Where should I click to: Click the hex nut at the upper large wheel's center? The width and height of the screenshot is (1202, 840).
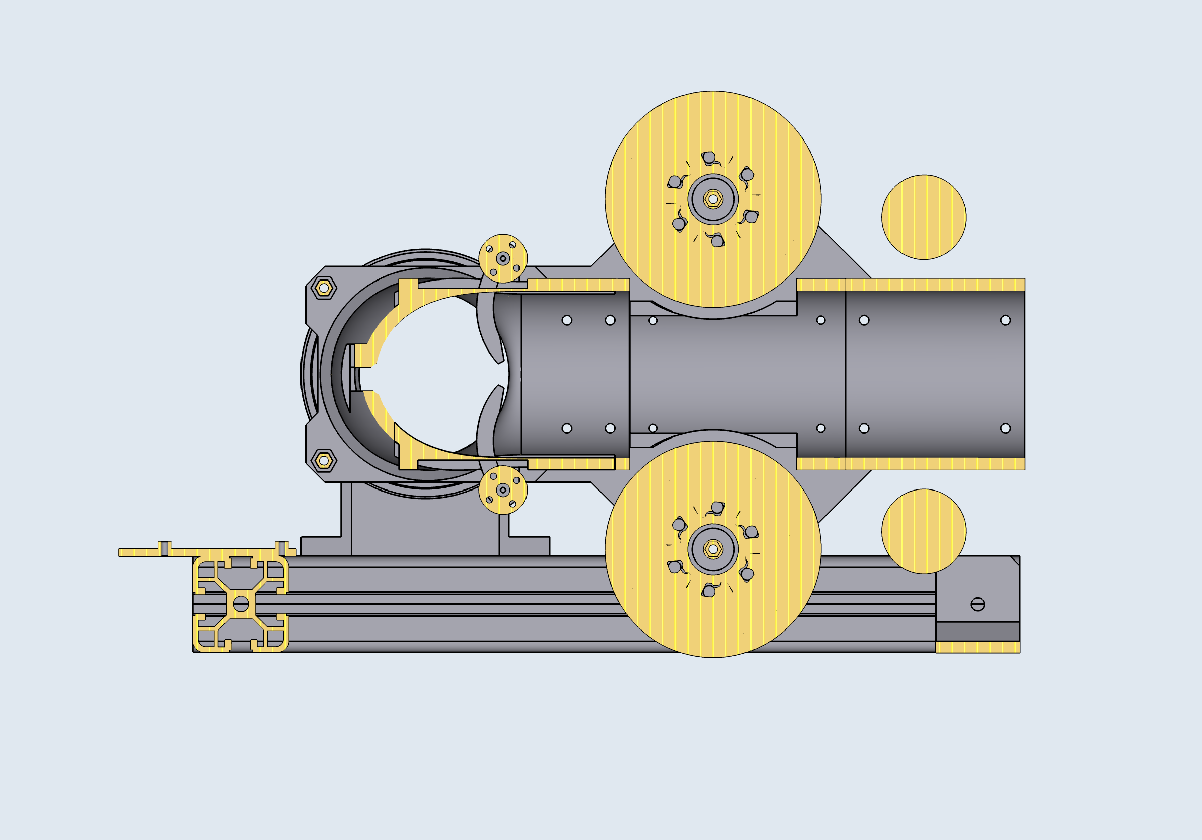(x=713, y=199)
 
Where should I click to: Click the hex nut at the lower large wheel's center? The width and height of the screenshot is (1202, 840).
(x=713, y=549)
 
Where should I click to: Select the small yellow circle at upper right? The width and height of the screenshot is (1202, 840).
(x=924, y=217)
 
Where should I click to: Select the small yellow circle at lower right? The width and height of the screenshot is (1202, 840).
(x=924, y=531)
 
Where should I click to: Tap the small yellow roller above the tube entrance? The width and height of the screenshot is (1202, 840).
(x=502, y=258)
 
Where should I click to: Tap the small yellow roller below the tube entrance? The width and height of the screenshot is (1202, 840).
(x=502, y=490)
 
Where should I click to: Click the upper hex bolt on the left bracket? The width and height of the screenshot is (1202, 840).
(x=324, y=288)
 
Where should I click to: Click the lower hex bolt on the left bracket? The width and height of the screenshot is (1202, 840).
(x=324, y=460)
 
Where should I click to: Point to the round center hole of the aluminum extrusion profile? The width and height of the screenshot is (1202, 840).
(x=241, y=604)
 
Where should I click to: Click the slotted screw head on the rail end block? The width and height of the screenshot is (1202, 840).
(x=978, y=604)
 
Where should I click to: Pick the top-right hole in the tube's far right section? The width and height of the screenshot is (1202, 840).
(x=1005, y=320)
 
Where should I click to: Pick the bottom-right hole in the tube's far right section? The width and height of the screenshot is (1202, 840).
(x=1005, y=428)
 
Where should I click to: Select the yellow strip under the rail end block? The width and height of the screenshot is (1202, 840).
(x=978, y=647)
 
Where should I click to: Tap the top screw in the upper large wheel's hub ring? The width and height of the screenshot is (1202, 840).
(x=708, y=157)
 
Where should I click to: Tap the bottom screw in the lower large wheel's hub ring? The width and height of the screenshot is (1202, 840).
(x=708, y=591)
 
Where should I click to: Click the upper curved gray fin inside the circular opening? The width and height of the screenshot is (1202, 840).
(x=489, y=330)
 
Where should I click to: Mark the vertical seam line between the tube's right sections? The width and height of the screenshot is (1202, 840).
(x=845, y=374)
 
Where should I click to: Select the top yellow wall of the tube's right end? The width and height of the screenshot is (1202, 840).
(x=935, y=285)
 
